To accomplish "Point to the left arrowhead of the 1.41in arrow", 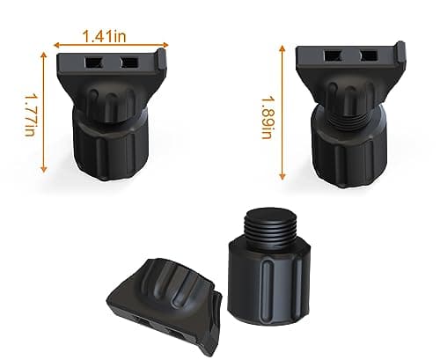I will pos(55,43).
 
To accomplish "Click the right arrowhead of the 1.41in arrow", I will pos(166,43).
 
